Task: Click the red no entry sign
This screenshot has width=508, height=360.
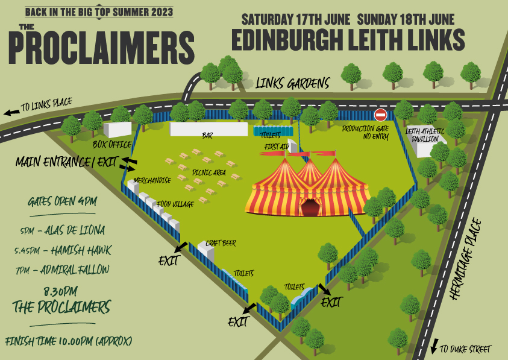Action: pos(380,115)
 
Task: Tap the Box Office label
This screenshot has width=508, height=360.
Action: pos(112,145)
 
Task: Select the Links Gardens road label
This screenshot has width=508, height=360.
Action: pos(293,83)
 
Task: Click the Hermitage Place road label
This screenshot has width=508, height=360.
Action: pos(476,259)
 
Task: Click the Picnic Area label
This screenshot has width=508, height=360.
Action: pos(209,172)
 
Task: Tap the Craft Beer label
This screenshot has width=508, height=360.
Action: pos(221,243)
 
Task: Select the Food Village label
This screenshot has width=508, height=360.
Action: pos(175,204)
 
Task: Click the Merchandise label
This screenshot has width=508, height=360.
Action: pos(152,180)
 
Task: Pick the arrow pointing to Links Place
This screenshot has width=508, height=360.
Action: pos(11,112)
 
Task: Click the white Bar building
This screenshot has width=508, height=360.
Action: pos(209,129)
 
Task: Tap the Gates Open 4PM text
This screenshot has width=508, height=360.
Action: pos(63,201)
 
